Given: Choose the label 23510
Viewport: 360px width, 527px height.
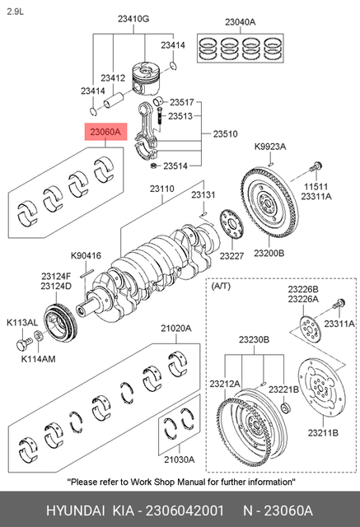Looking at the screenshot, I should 225,133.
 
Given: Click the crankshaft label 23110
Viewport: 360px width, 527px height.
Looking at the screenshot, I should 162,189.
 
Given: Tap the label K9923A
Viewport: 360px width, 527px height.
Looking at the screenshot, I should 269,147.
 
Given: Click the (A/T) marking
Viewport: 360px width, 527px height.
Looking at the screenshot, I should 222,287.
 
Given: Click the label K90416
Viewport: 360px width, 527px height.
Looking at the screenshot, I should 86,254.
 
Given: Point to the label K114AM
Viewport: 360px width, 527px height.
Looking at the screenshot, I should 37,359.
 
